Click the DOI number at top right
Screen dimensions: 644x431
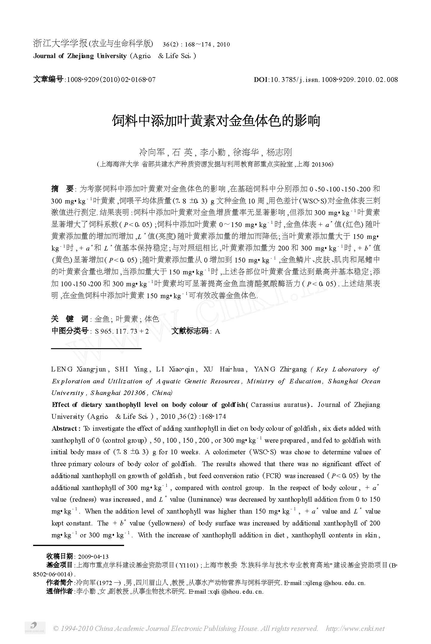click(x=326, y=80)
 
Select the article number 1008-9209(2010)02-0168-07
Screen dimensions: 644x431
click(x=111, y=80)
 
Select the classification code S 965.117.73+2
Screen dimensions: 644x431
click(x=122, y=331)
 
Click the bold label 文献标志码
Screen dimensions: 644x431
click(x=190, y=331)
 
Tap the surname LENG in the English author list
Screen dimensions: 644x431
click(x=62, y=369)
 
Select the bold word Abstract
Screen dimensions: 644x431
click(x=65, y=429)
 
